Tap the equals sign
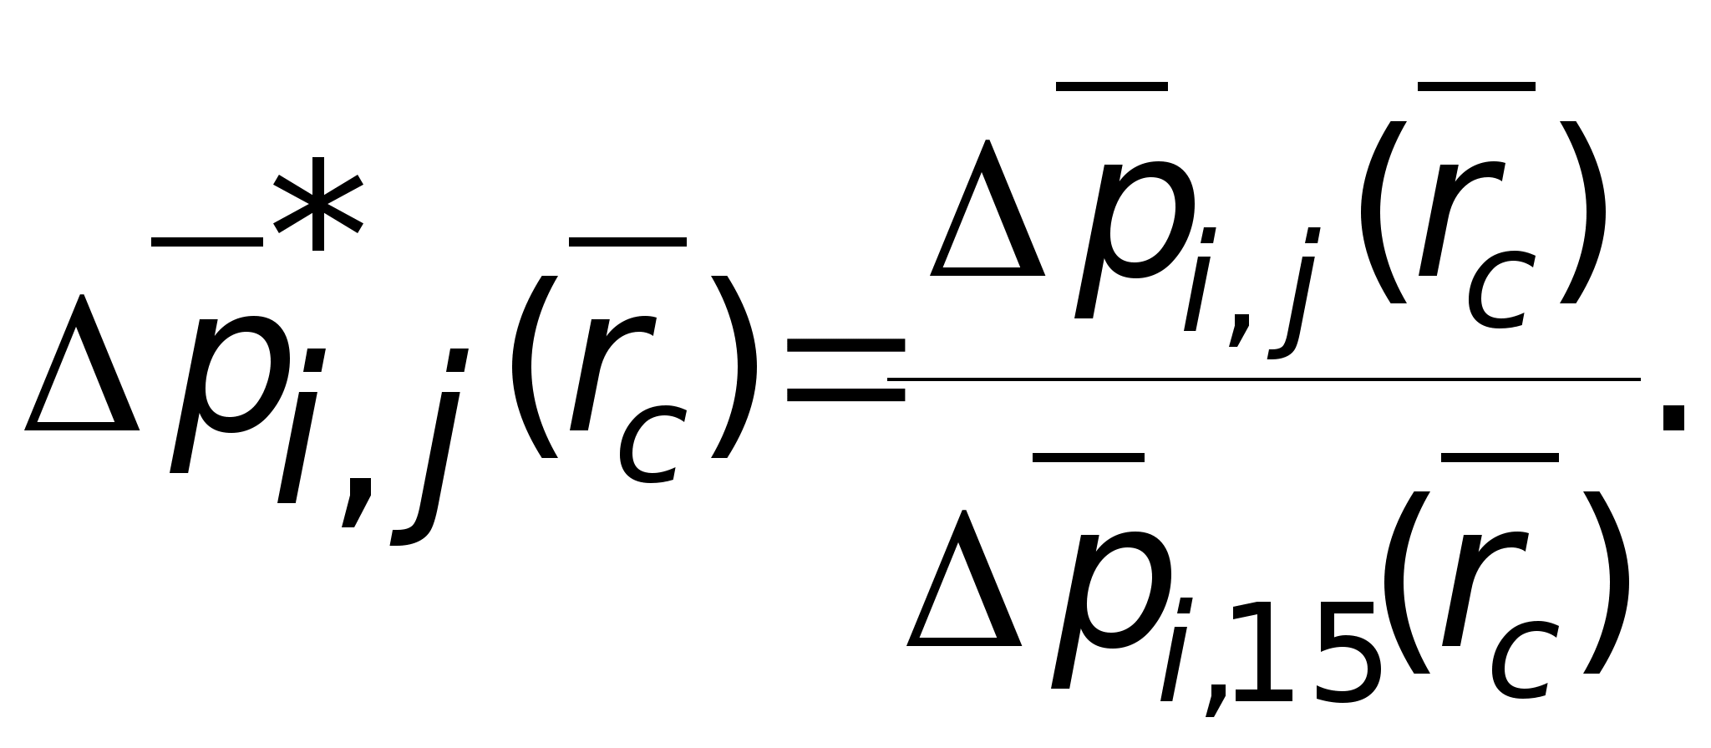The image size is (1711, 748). pyautogui.click(x=845, y=371)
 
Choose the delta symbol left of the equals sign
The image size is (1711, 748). pyautogui.click(x=82, y=368)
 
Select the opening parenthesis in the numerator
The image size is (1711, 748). pyautogui.click(x=1383, y=213)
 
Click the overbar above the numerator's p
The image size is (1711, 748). pyautogui.click(x=1111, y=86)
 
